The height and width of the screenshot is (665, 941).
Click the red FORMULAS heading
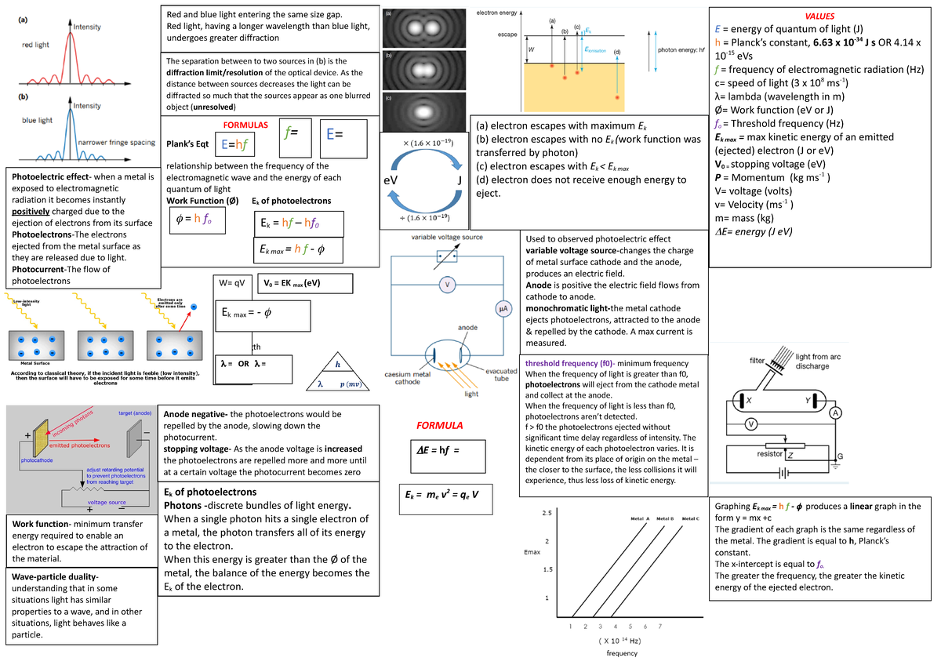click(x=245, y=125)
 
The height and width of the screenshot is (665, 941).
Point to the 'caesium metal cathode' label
click(x=408, y=380)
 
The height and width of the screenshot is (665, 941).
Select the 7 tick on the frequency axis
click(x=660, y=627)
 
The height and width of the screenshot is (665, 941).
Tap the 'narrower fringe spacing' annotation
click(x=114, y=142)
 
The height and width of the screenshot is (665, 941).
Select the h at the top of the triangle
click(x=338, y=365)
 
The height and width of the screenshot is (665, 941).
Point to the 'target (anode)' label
click(x=135, y=412)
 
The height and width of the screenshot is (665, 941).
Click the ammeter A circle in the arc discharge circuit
click(x=836, y=413)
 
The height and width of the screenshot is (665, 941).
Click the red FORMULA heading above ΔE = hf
click(x=439, y=425)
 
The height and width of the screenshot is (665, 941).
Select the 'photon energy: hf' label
click(x=682, y=49)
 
